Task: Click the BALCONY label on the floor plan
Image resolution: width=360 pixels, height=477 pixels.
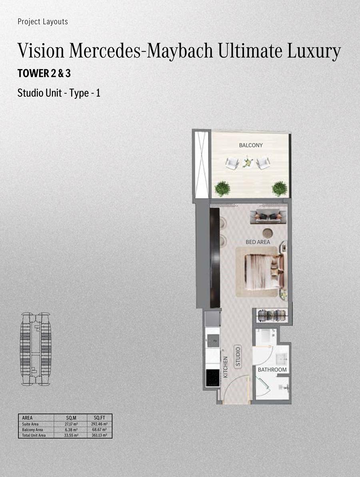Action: pos(251,146)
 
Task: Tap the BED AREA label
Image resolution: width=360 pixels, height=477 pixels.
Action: pos(258,242)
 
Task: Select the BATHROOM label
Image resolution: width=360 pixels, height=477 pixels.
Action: pos(272,369)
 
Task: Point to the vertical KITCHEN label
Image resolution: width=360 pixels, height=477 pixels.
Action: pos(226,367)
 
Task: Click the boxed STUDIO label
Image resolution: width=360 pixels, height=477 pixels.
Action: pos(238,357)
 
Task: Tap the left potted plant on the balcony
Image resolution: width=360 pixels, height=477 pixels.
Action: pos(222,189)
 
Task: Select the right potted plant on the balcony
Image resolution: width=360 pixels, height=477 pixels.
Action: pos(279,189)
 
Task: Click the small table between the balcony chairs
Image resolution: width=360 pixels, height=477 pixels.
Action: pos(248,163)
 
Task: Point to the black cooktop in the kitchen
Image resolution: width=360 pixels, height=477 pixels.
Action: pos(213,377)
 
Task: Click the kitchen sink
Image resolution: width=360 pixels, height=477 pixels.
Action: pos(213,340)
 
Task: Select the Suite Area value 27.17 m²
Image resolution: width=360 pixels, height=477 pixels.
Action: pos(71,424)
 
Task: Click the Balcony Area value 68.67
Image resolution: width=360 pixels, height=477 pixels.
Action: pos(99,430)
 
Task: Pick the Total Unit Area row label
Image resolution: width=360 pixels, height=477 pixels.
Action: pos(34,436)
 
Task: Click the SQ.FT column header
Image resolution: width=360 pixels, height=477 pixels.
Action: pos(99,418)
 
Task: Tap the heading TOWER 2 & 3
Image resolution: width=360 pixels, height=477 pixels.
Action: pos(44,73)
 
